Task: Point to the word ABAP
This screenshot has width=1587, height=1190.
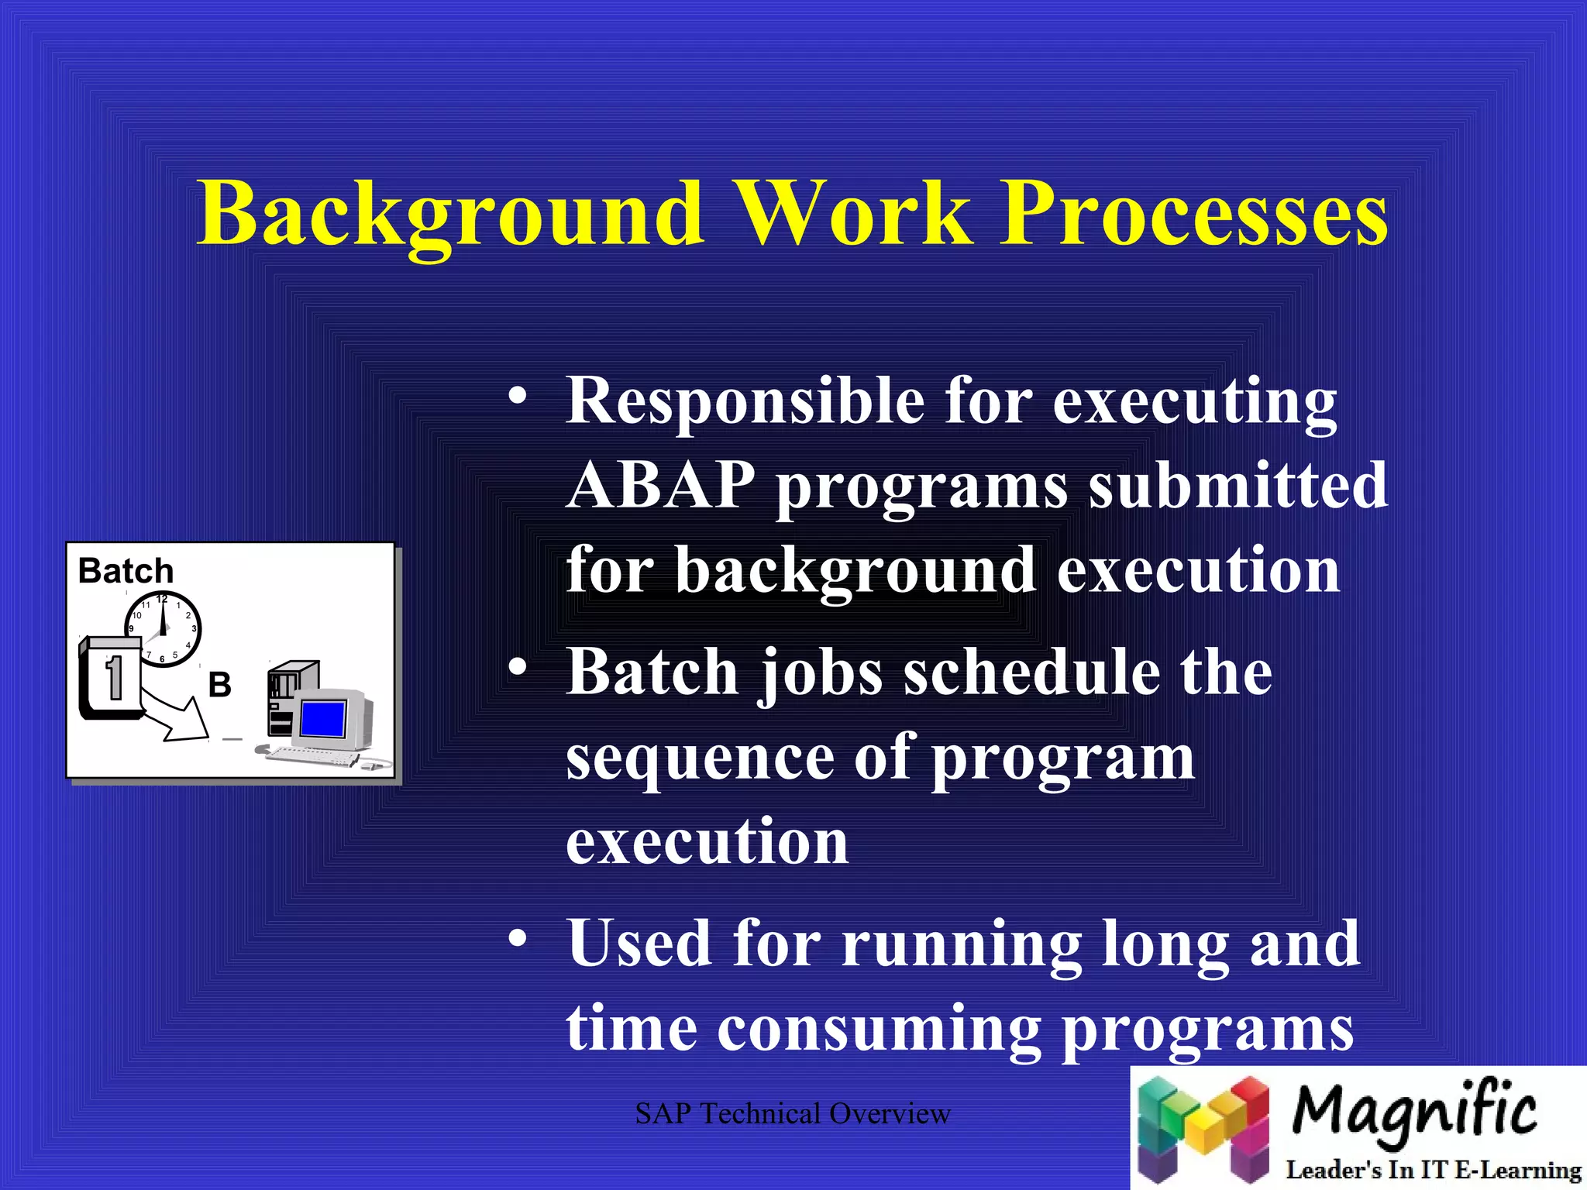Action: tap(660, 486)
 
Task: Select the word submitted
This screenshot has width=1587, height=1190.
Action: tap(1238, 486)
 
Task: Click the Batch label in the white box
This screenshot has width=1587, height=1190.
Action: tap(126, 572)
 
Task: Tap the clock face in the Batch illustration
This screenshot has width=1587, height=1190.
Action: tap(164, 628)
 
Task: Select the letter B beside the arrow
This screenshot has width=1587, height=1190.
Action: tap(219, 685)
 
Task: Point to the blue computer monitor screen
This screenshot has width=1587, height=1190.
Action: tap(322, 718)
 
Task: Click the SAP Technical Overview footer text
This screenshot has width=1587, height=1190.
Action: tap(792, 1114)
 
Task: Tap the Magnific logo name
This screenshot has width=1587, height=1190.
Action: tap(1413, 1113)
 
